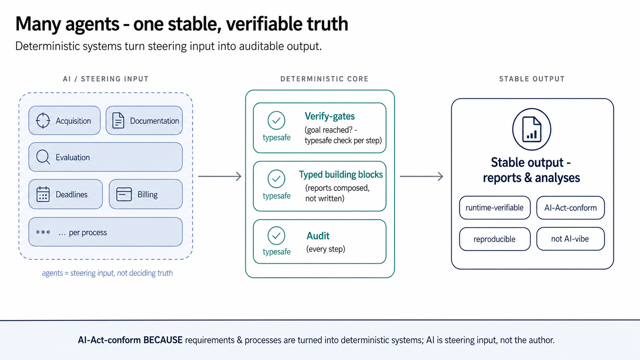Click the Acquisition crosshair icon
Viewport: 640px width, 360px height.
click(x=43, y=121)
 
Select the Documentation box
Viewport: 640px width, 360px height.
click(x=144, y=121)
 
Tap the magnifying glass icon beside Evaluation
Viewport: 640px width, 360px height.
click(x=43, y=157)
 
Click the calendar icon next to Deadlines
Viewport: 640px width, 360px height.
click(x=43, y=194)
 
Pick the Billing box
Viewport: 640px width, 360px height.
click(x=146, y=194)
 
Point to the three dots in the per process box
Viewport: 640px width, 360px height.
click(x=43, y=232)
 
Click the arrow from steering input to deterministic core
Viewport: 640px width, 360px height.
click(x=220, y=176)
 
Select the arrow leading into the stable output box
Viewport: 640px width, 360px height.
click(x=421, y=176)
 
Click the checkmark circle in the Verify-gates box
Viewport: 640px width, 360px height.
click(x=276, y=121)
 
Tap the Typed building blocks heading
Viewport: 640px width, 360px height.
click(x=341, y=174)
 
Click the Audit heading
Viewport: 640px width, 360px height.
click(x=318, y=236)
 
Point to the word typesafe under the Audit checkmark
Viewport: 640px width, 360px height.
click(x=277, y=251)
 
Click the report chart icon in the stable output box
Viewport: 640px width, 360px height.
click(x=532, y=129)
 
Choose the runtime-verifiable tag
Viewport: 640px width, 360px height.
click(x=495, y=208)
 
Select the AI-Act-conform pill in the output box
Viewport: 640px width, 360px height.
click(x=571, y=208)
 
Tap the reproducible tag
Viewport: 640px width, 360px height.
click(x=495, y=239)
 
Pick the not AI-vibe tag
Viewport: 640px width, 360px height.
click(x=571, y=239)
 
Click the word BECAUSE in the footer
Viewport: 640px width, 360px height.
click(x=163, y=340)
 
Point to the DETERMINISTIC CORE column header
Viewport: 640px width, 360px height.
click(x=324, y=79)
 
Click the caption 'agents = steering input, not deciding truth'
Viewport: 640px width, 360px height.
click(x=108, y=273)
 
